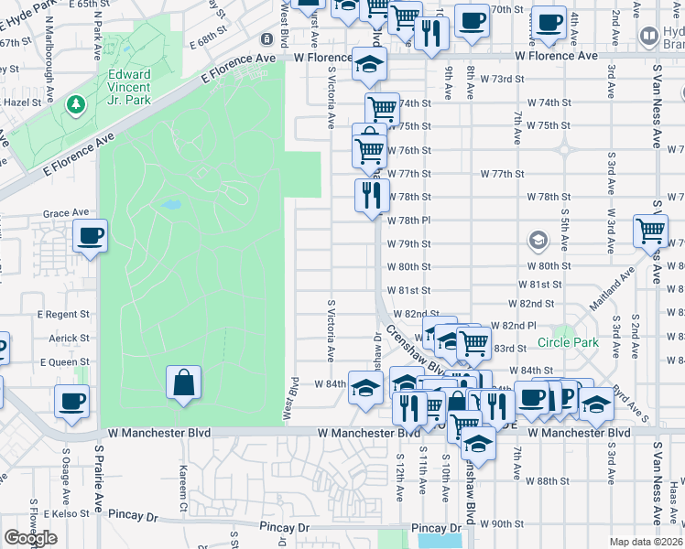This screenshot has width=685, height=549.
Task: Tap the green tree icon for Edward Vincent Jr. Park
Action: click(x=73, y=107)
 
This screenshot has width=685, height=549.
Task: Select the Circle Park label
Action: click(x=568, y=343)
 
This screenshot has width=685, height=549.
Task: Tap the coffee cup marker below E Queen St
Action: click(x=71, y=401)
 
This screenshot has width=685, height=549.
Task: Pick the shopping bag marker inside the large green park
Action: click(x=183, y=382)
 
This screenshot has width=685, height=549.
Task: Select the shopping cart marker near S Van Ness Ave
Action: click(x=650, y=231)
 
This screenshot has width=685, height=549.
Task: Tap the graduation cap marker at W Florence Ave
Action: click(x=370, y=65)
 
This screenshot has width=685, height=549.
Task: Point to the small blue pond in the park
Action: click(x=169, y=204)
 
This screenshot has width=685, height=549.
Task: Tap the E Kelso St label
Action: click(x=65, y=514)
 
